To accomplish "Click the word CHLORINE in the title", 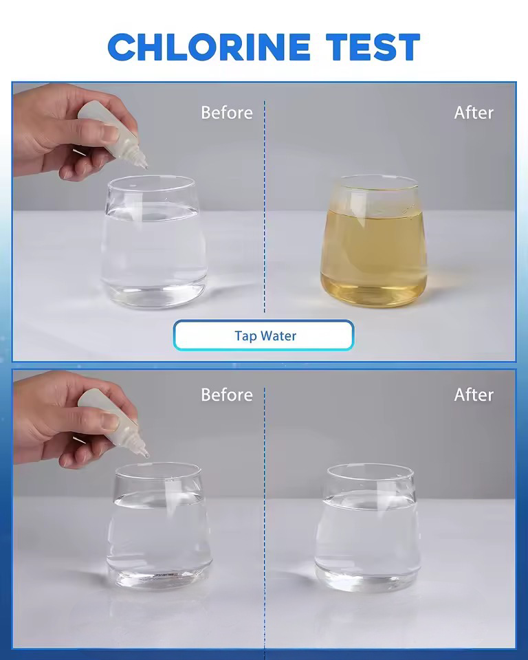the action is [209, 47].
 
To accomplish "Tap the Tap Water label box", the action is [263, 335].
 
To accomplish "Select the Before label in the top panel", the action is [227, 113].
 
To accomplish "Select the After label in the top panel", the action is [474, 113].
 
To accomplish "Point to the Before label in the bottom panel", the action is [227, 395].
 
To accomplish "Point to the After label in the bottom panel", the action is [474, 395].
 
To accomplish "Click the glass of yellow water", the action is [373, 241].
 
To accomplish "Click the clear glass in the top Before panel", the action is [154, 241].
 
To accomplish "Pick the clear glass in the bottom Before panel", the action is [159, 526].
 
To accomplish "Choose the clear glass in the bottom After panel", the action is [368, 528].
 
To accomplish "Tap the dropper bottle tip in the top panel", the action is [146, 167].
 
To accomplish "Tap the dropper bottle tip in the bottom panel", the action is [146, 455].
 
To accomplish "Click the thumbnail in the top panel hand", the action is [110, 133].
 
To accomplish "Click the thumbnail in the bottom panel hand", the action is [110, 421].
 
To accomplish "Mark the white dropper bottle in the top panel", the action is [113, 134].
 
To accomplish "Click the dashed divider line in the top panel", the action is [265, 206].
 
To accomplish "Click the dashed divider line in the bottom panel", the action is [265, 518].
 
